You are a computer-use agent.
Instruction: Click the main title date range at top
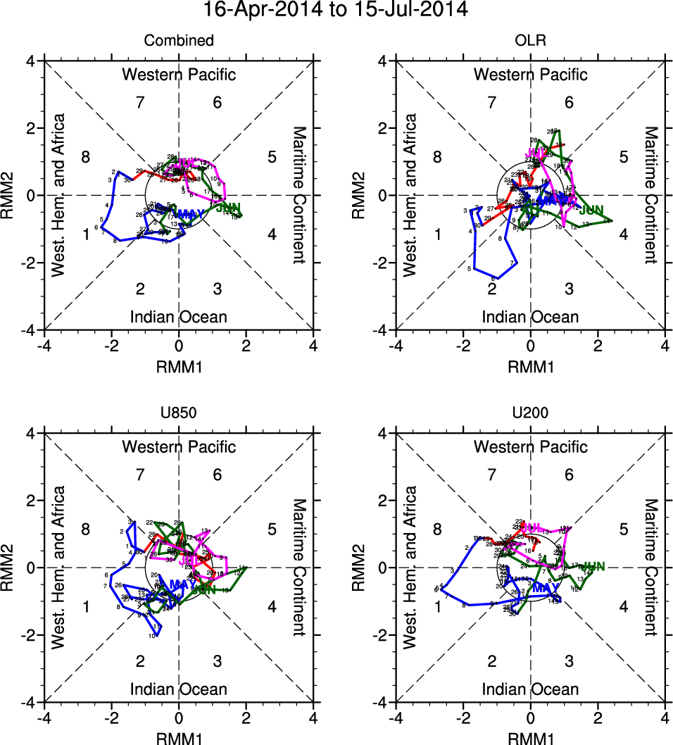coord(336,11)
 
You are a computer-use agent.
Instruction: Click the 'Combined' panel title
coord(179,41)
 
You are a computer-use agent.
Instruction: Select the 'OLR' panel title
coord(530,41)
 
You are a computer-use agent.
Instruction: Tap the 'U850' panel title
coord(179,413)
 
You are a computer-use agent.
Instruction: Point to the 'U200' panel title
coord(530,413)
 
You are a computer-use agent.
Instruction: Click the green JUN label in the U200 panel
coord(593,566)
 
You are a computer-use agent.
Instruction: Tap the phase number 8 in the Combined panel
coord(85,157)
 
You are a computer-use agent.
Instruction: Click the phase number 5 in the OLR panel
coord(623,157)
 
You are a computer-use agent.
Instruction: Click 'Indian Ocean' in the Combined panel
coord(179,317)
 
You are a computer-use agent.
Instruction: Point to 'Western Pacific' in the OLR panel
coord(530,74)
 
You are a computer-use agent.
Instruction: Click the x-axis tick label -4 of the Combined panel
coord(44,346)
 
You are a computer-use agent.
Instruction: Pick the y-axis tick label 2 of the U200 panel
coord(384,501)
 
